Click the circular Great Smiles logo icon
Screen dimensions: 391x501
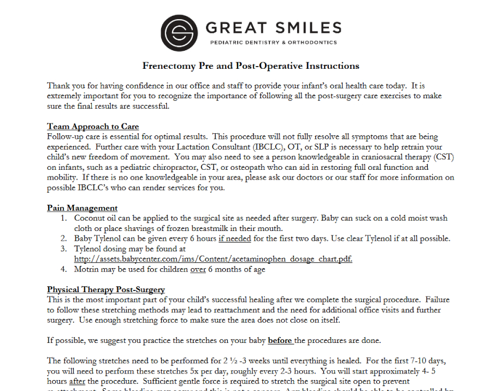(179, 33)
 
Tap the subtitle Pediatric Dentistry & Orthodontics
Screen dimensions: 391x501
(273, 43)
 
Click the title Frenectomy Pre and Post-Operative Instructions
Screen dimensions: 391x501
(251, 66)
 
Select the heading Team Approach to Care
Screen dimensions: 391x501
(93, 127)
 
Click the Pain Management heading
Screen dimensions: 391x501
(82, 208)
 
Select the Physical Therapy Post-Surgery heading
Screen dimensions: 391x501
(105, 289)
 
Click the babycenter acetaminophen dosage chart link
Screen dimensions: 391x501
(213, 259)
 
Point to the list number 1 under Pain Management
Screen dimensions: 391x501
(63, 218)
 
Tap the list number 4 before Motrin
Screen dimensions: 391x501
(63, 269)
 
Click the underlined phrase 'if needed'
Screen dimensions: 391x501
(235, 239)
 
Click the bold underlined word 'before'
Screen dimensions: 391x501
(280, 341)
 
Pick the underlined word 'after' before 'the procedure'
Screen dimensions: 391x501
(78, 381)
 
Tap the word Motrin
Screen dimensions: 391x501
(87, 269)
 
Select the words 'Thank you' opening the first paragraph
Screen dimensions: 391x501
(64, 86)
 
